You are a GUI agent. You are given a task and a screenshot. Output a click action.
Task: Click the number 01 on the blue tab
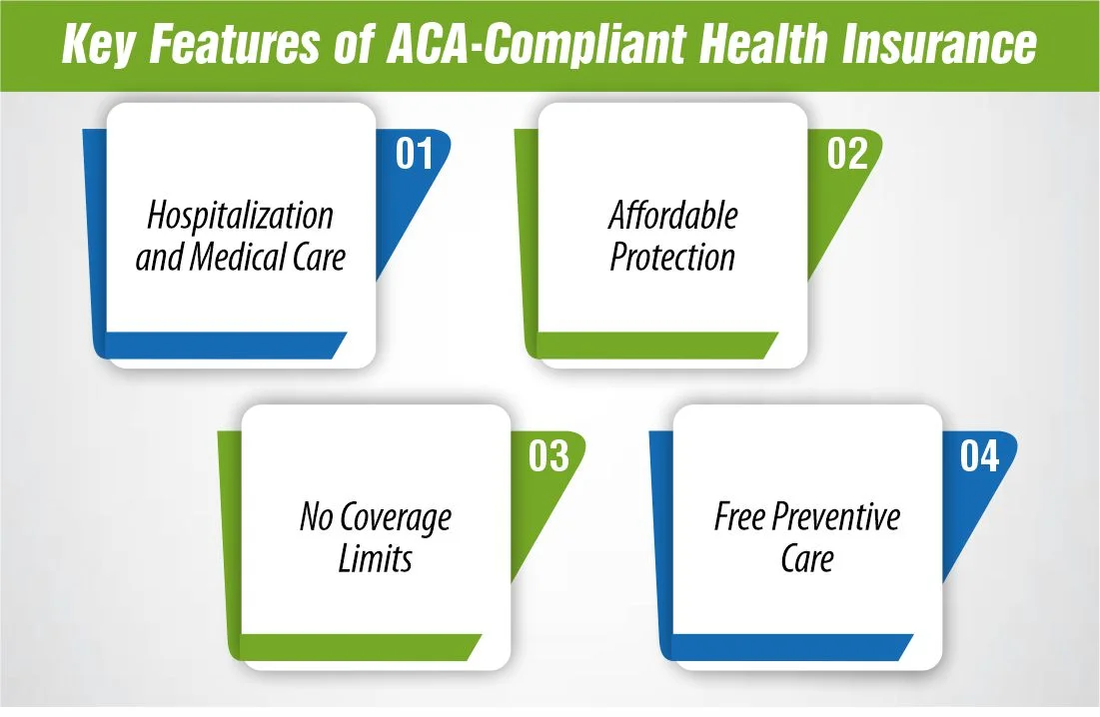[x=414, y=155]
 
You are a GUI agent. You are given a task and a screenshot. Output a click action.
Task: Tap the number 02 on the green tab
[x=847, y=155]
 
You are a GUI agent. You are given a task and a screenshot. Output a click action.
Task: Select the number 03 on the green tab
[x=549, y=456]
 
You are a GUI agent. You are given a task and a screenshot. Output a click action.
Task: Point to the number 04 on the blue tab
[x=979, y=456]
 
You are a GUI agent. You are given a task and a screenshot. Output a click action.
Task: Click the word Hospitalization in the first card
[x=240, y=216]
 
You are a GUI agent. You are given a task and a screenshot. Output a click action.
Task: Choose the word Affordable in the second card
[x=672, y=216]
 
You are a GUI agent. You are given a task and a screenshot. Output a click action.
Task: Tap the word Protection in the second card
[x=672, y=259]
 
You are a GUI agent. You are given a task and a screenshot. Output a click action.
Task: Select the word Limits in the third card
[x=376, y=560]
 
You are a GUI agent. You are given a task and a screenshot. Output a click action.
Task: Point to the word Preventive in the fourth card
[x=834, y=518]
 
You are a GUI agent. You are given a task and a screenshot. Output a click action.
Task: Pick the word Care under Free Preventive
[x=807, y=559]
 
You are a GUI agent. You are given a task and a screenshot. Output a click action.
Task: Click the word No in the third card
[x=317, y=517]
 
